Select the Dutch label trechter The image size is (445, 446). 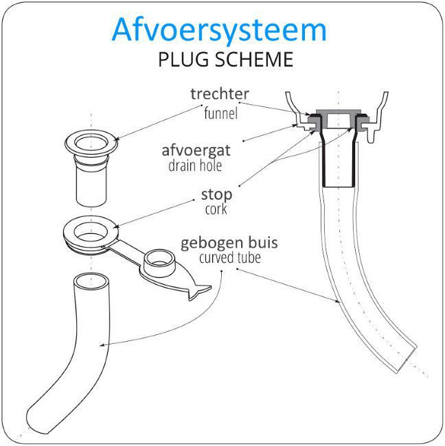(x=220, y=94)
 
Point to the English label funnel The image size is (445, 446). (x=220, y=113)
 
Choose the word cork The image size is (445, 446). (x=216, y=209)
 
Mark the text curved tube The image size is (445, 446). (x=229, y=258)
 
